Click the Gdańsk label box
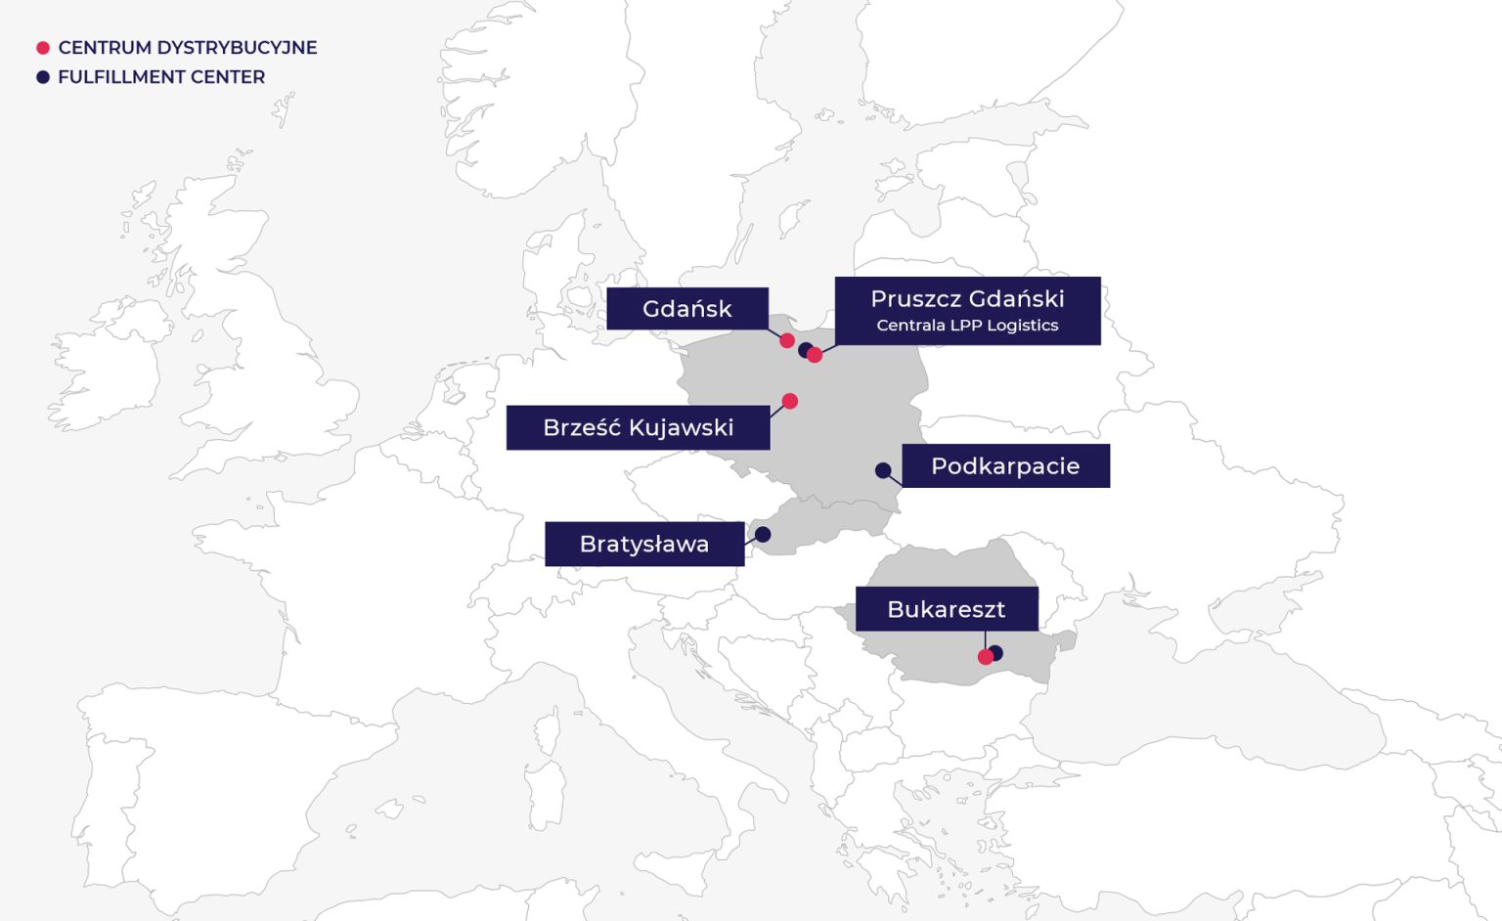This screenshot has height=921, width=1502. point(686,309)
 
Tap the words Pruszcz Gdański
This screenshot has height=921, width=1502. point(967,298)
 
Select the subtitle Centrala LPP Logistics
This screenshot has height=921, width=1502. point(967,326)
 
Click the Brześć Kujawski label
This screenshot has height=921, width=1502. point(638,427)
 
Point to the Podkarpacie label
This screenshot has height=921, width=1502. point(1005,465)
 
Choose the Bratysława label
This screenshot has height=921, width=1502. point(643,544)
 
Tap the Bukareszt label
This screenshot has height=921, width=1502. point(946,609)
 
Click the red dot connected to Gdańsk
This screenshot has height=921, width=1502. point(787,340)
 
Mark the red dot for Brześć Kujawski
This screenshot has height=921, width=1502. point(790,401)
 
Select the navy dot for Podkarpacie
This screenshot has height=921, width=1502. point(883,470)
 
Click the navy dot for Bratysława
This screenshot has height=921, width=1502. point(763,534)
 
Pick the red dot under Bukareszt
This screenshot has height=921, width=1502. point(985,657)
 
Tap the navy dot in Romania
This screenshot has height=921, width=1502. point(996,652)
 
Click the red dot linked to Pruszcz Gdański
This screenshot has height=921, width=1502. point(815,355)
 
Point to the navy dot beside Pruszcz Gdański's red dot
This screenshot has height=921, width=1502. point(804,349)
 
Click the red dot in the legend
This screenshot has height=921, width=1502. point(43,48)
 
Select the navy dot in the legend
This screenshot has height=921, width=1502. point(43,77)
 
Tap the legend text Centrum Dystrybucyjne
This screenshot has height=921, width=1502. point(188,48)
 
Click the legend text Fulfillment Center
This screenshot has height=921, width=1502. point(161,77)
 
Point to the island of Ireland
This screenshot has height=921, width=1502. point(108,367)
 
